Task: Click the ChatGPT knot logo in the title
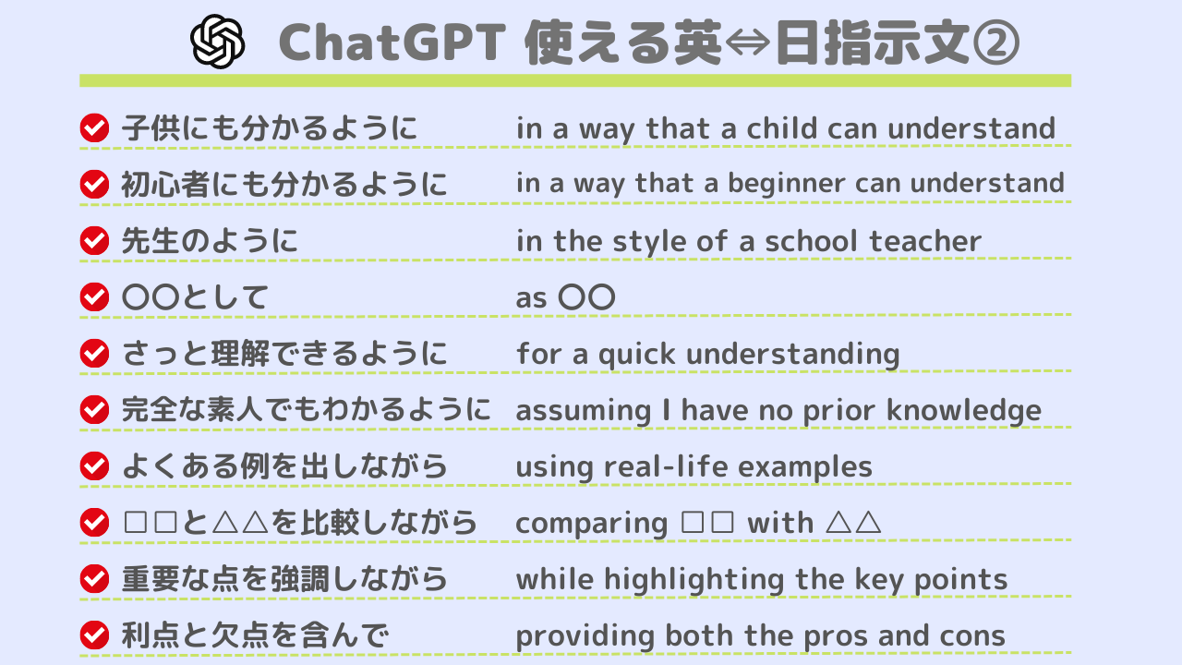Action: coord(217,42)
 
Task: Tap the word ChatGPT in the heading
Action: coord(392,42)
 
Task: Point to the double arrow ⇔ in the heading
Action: coord(748,42)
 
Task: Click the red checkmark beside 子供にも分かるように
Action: coord(94,127)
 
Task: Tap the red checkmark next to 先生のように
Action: coord(94,241)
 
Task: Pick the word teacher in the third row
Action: coord(925,241)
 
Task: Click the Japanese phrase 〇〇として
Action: coord(195,297)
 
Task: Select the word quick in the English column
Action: coord(636,354)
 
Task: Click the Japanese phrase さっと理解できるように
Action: coord(284,354)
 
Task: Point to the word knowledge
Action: coord(963,411)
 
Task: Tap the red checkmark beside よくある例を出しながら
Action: coord(94,466)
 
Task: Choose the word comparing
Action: coord(592,524)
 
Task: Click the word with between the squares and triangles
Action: coord(780,523)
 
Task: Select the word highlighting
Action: coord(694,580)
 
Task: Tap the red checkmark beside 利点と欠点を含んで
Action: coord(94,635)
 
